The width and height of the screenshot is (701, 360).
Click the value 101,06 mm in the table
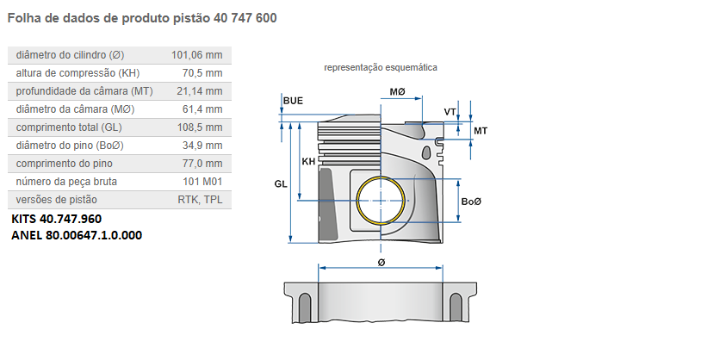point(196,55)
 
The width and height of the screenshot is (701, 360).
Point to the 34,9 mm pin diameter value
point(203,146)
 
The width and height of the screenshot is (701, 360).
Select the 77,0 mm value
point(203,164)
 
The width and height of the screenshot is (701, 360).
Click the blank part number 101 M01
point(203,182)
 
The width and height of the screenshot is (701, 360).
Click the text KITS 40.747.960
point(57,219)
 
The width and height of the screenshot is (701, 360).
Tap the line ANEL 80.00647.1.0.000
point(77,234)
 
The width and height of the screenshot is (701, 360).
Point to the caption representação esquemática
point(380,67)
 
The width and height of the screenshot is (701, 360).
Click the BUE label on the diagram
point(293,101)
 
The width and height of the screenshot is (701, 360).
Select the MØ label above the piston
point(397,91)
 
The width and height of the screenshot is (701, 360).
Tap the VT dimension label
point(450,112)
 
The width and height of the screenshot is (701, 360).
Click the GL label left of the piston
point(281,183)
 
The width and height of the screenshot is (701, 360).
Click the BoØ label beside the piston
point(470,202)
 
